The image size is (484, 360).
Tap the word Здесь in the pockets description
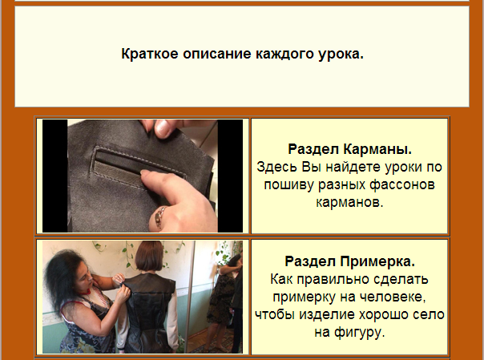(x=277, y=168)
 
